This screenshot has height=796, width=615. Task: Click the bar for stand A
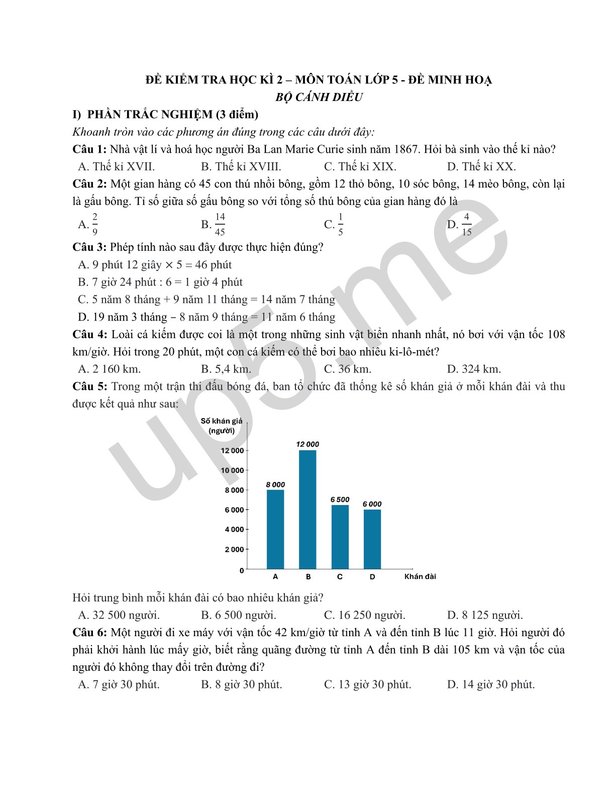click(x=275, y=529)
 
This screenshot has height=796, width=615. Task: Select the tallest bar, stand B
click(x=307, y=509)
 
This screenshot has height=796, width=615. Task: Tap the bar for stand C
click(x=340, y=537)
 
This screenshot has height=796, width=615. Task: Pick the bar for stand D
click(x=372, y=539)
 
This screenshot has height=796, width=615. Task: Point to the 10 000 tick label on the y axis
click(x=232, y=470)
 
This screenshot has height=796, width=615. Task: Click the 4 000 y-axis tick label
click(x=234, y=530)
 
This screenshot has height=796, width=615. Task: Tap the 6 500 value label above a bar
click(x=340, y=500)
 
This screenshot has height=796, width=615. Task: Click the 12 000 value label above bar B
click(x=307, y=444)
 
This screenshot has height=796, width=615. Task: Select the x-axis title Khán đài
click(x=420, y=576)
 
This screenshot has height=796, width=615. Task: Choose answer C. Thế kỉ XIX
click(x=360, y=167)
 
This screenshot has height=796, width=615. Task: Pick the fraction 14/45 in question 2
click(x=220, y=224)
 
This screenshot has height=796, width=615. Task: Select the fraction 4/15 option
click(x=467, y=224)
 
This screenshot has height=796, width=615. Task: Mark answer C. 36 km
click(x=348, y=369)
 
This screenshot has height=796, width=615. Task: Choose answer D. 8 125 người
click(x=485, y=615)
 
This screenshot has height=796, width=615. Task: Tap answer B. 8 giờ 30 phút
click(x=242, y=684)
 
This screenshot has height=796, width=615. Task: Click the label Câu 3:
click(x=89, y=247)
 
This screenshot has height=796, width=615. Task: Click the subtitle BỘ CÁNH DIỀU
click(x=319, y=97)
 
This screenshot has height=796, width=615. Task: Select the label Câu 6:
click(x=89, y=633)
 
